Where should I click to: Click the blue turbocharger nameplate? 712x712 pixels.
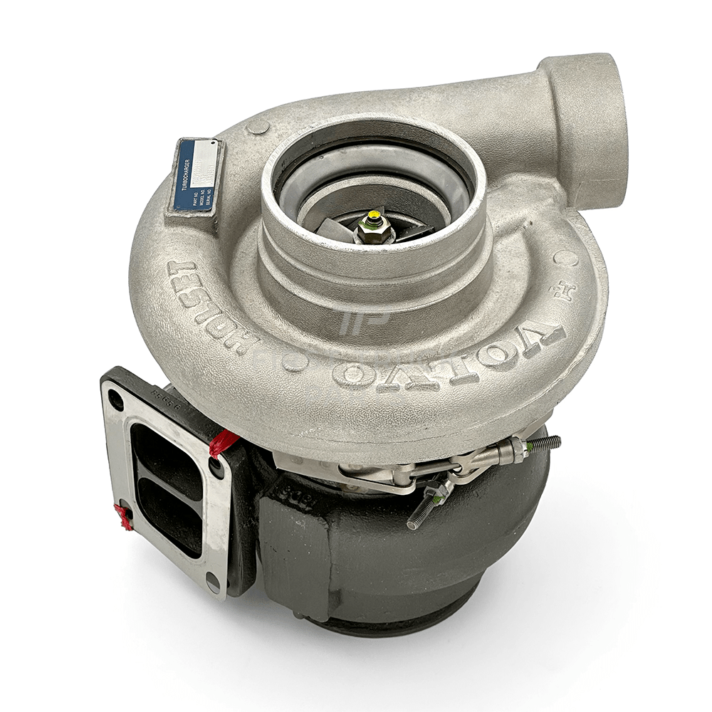[x=194, y=175]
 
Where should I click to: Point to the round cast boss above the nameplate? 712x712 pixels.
[x=258, y=127]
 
